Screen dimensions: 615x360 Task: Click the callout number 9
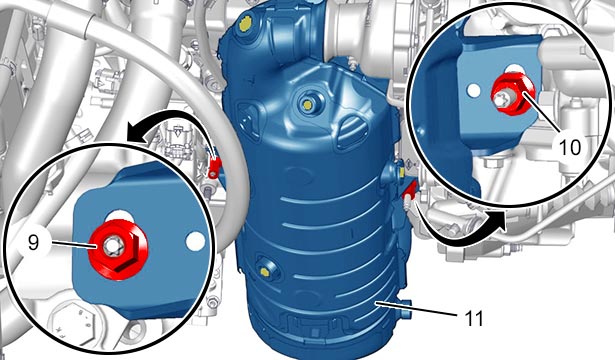tap(34, 243)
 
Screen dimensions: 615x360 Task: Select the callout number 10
tap(570, 147)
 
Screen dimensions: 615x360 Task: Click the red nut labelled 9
tap(118, 249)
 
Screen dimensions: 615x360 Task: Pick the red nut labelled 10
tap(513, 94)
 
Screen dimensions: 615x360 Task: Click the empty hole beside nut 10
tap(474, 91)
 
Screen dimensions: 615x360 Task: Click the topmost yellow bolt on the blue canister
tap(245, 25)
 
